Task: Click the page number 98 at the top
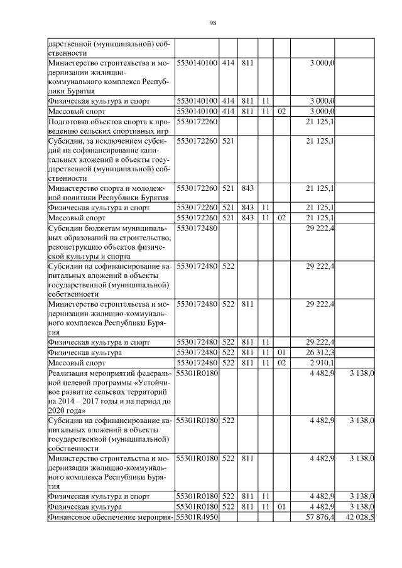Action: coord(212,23)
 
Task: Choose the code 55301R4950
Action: coord(196,517)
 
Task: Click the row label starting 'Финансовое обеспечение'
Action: coord(111,517)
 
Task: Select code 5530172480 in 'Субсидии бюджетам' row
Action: coord(196,228)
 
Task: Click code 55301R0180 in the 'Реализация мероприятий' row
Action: coord(196,373)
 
